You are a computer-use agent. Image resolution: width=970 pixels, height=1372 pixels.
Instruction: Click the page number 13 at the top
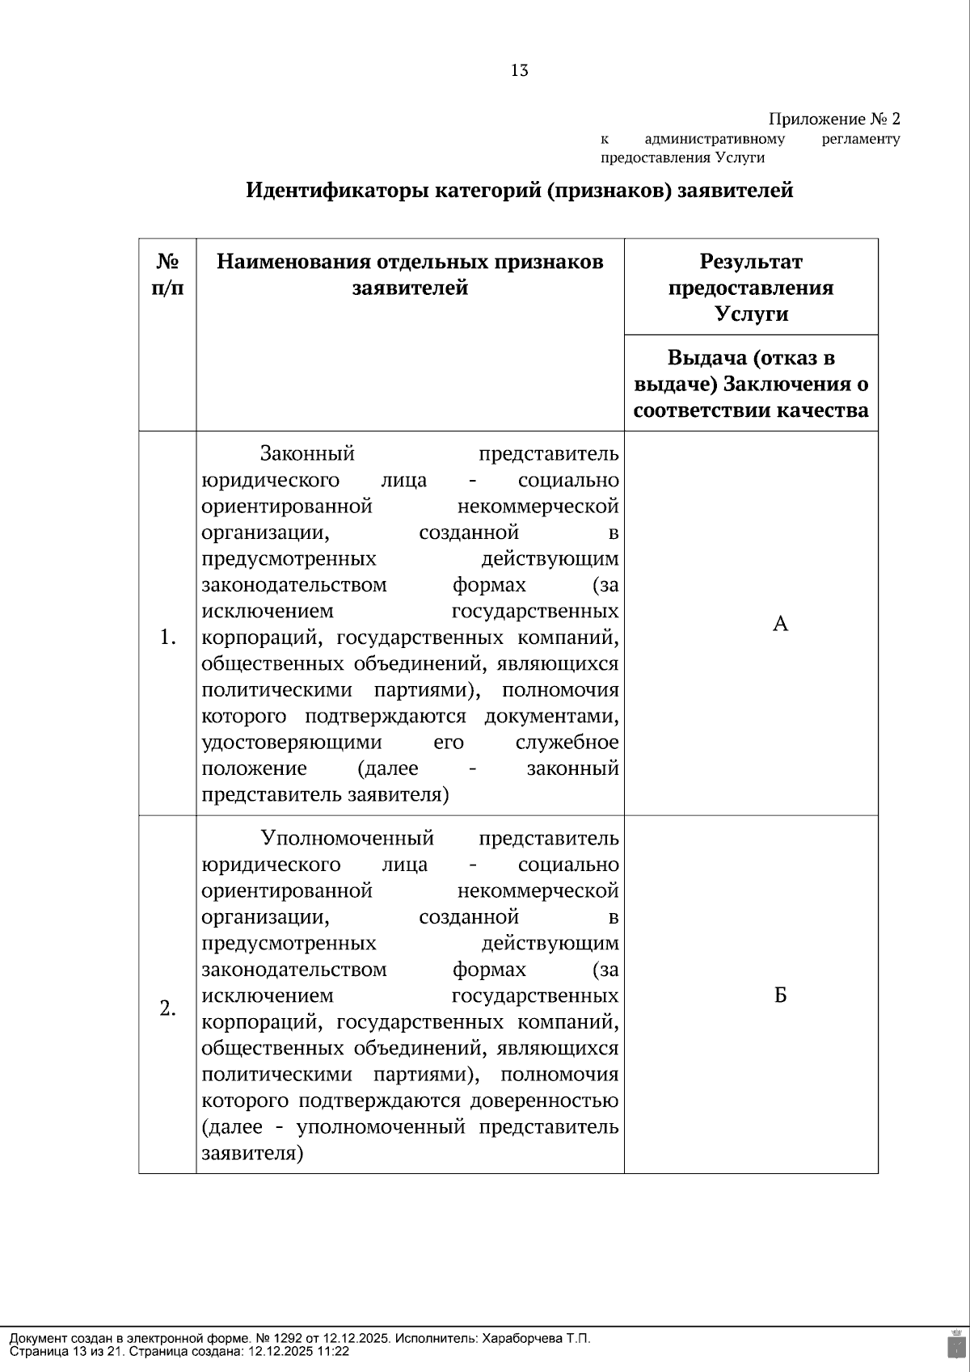pyautogui.click(x=520, y=71)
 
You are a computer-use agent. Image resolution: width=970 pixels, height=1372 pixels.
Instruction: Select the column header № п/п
pyautogui.click(x=167, y=275)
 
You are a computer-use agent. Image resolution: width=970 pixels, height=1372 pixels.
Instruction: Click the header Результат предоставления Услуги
pyautogui.click(x=751, y=287)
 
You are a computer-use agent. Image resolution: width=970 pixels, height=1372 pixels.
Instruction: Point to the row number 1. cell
pyautogui.click(x=167, y=638)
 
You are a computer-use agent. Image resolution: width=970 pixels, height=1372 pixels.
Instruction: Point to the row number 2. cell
pyautogui.click(x=167, y=1008)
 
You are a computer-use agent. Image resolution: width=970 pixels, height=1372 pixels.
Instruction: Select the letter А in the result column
pyautogui.click(x=780, y=624)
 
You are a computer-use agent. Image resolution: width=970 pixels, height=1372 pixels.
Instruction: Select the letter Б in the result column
pyautogui.click(x=780, y=995)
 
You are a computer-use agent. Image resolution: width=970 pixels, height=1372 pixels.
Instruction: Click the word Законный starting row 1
pyautogui.click(x=307, y=453)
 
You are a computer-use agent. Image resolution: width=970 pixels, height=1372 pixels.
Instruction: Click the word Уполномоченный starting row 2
pyautogui.click(x=348, y=838)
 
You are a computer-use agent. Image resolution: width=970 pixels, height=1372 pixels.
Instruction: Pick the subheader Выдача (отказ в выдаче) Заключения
pyautogui.click(x=751, y=384)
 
